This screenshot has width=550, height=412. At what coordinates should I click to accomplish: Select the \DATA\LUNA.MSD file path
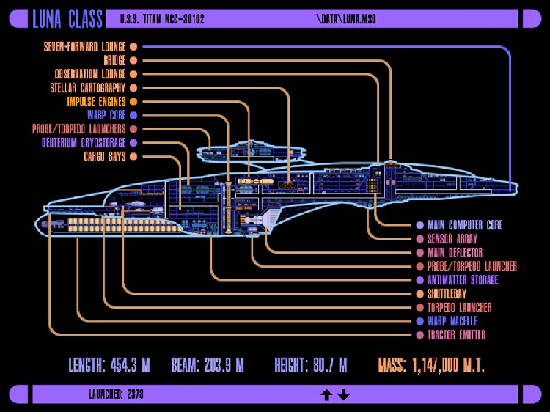tap(345, 19)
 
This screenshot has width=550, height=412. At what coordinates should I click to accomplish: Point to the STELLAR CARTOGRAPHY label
tap(88, 88)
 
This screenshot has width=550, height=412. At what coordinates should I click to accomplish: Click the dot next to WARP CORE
tap(133, 115)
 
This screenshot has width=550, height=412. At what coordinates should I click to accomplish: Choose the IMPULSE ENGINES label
tap(96, 102)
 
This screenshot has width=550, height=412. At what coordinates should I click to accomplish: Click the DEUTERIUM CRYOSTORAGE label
tap(84, 143)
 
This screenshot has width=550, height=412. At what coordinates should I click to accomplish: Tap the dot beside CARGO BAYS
tap(133, 157)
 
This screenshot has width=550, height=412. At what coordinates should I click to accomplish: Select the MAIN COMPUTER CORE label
tap(465, 225)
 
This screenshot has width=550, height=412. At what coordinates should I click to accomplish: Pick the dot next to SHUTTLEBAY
tap(419, 294)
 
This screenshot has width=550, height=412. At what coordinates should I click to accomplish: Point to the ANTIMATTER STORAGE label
tap(463, 280)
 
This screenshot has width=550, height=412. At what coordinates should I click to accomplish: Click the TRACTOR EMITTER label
tap(456, 335)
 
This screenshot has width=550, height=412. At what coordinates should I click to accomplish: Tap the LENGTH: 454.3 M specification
tap(109, 365)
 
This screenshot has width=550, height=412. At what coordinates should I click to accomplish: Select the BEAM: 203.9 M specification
tap(208, 365)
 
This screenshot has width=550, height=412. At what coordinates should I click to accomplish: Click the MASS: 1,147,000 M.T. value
tap(431, 365)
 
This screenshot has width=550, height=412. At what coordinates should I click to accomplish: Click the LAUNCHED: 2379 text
tap(115, 394)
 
